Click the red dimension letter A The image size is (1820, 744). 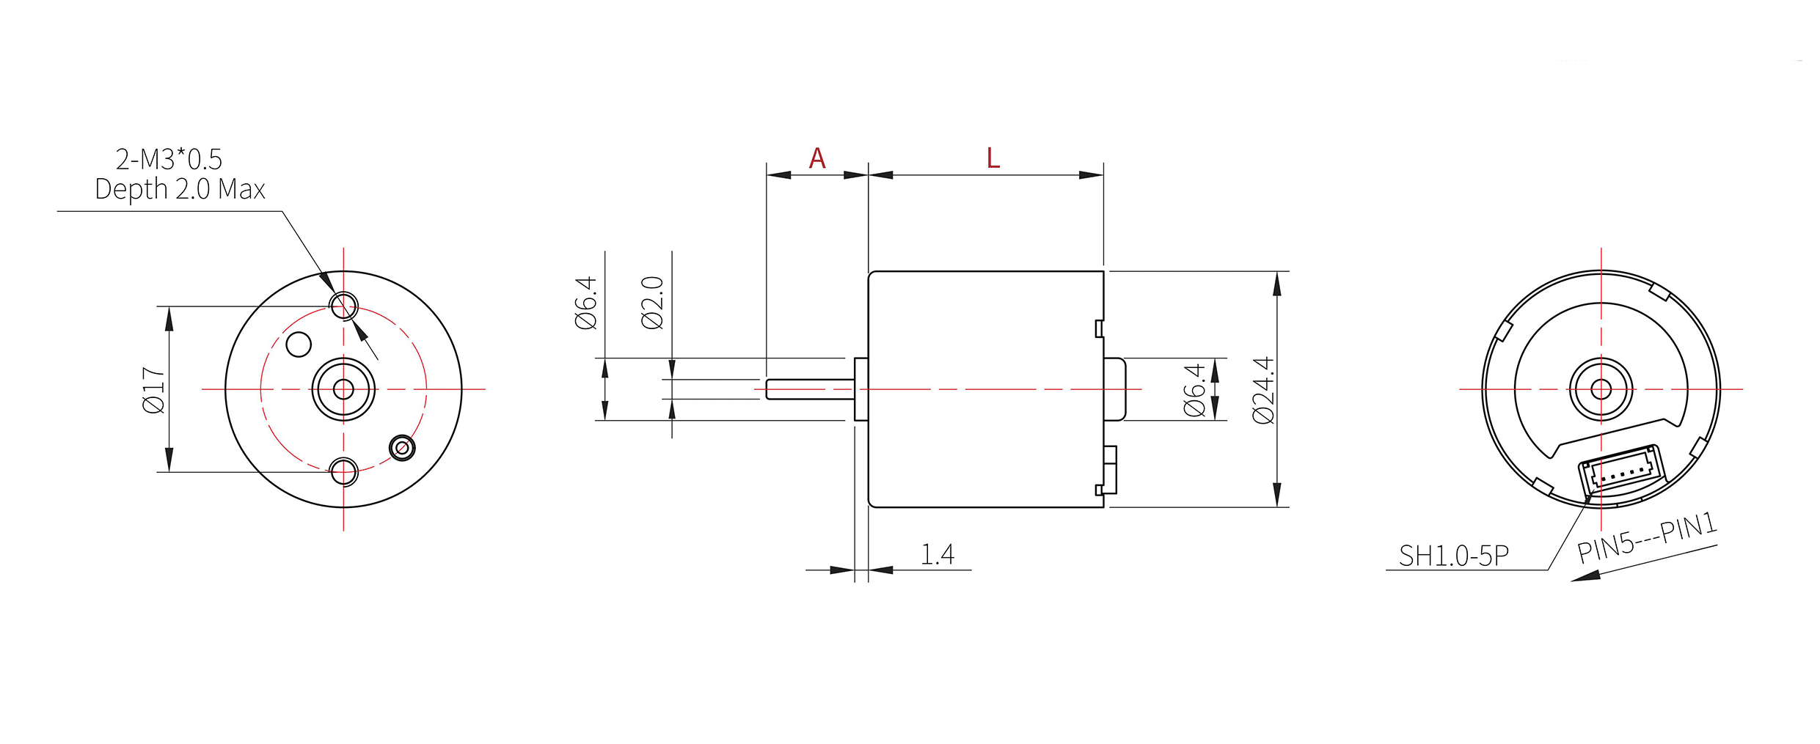pos(817,158)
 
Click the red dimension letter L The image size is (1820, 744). pos(993,158)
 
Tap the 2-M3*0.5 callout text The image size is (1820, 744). pos(169,159)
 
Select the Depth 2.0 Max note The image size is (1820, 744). pos(180,189)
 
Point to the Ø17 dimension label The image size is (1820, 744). pos(154,390)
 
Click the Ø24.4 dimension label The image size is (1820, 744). pos(1264,390)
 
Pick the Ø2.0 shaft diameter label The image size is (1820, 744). pos(652,303)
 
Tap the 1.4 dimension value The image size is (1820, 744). pos(938,554)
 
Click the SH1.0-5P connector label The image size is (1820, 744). pos(1454,556)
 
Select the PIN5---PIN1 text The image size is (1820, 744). pos(1648,537)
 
